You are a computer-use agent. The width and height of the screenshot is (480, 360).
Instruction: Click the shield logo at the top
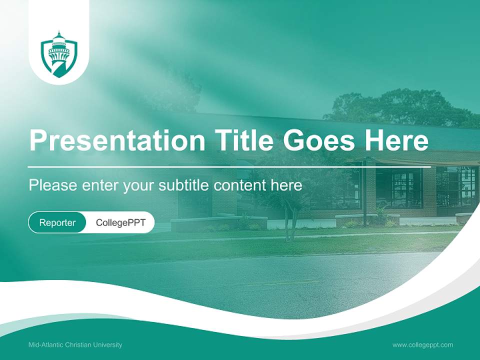pos(59,54)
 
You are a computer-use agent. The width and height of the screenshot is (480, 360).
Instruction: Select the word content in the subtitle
pos(242,185)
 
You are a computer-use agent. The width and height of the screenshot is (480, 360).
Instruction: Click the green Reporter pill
pos(57,222)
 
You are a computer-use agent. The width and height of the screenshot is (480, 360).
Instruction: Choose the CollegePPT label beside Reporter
pos(120,222)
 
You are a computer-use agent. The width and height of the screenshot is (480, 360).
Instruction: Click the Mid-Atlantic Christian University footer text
pos(75,345)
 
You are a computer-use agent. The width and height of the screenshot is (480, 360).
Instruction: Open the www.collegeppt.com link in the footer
pos(422,345)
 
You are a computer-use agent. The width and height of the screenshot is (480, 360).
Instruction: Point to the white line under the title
pos(229,166)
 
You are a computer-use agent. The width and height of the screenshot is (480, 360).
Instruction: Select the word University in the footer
pos(109,345)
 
